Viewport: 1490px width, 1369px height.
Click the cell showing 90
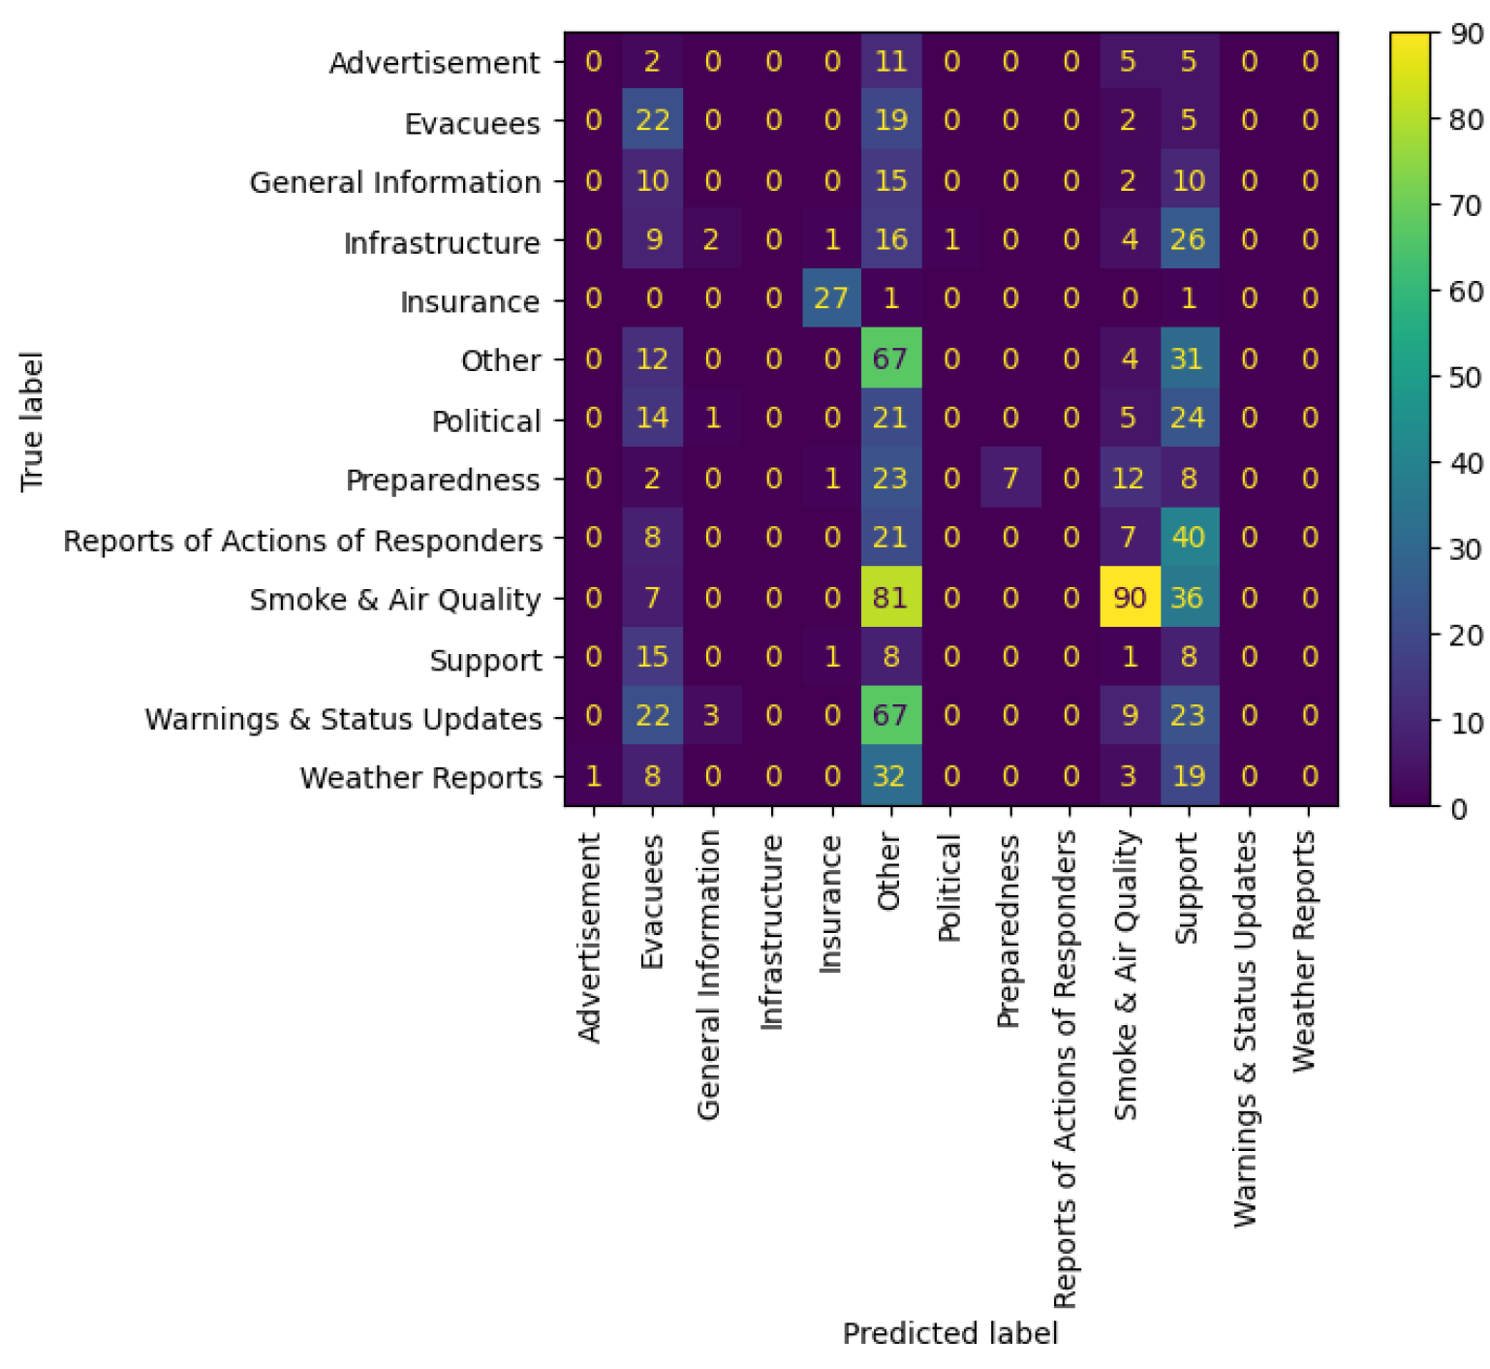[x=1129, y=598]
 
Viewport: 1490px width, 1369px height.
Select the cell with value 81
[x=890, y=598]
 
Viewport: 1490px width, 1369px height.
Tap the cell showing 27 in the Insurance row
[x=831, y=299]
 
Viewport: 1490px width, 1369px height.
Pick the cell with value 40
[x=1188, y=539]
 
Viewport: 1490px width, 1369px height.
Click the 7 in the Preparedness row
[x=1009, y=479]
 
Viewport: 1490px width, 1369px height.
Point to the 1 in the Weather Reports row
[x=593, y=777]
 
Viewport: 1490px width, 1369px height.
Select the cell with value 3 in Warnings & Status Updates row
[x=712, y=717]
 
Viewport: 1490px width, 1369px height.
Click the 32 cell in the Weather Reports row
[x=890, y=777]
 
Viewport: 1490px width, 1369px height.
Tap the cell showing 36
[x=1188, y=598]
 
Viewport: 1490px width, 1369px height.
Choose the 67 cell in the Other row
[x=890, y=359]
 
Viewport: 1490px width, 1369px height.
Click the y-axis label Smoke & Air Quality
[x=395, y=600]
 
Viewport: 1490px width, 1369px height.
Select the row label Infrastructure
[x=442, y=242]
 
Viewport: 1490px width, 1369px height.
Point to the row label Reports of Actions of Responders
[x=302, y=541]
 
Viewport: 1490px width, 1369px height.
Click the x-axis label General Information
[x=710, y=975]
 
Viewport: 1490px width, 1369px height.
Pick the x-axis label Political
[x=949, y=887]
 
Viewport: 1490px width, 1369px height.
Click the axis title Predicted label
[x=949, y=1334]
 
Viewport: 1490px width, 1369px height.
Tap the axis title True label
[x=32, y=420]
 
